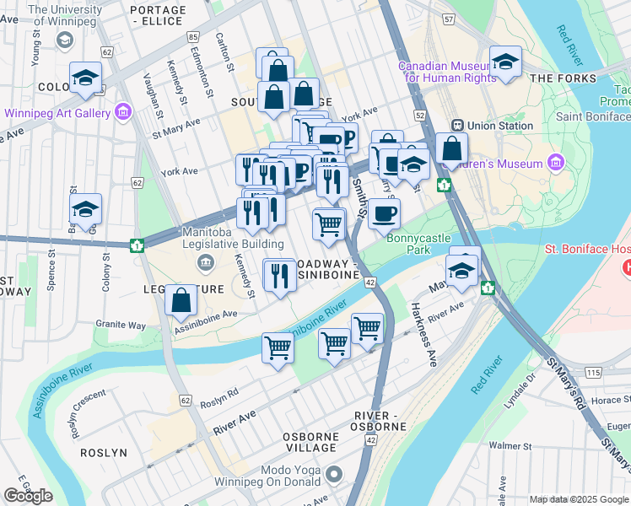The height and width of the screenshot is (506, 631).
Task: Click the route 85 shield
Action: (x=194, y=37)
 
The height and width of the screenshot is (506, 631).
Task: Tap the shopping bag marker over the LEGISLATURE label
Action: (x=181, y=299)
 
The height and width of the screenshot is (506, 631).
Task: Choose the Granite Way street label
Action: (x=121, y=325)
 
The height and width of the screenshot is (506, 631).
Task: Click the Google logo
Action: (x=28, y=496)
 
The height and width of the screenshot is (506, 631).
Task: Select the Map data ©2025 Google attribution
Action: (x=579, y=499)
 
